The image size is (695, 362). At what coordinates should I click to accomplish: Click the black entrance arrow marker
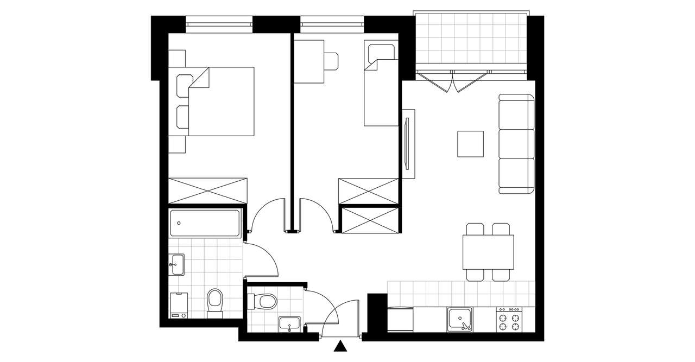click(340, 346)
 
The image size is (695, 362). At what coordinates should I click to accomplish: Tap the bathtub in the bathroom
click(205, 223)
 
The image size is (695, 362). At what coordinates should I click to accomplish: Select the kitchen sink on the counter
click(459, 319)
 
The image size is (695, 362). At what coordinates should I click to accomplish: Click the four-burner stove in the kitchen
click(509, 319)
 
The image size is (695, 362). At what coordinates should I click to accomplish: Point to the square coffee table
click(470, 144)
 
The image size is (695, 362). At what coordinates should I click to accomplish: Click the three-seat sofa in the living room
click(516, 144)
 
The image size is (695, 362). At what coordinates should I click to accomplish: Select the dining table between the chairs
click(488, 252)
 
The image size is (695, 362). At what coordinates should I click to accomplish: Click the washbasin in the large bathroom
click(176, 264)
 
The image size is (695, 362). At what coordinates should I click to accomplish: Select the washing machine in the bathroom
click(179, 305)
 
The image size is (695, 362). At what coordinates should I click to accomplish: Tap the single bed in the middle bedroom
click(380, 87)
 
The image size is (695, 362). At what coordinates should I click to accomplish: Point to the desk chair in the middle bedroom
click(332, 61)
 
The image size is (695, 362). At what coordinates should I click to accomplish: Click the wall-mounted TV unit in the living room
click(408, 144)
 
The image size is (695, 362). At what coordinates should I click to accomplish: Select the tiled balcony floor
click(470, 38)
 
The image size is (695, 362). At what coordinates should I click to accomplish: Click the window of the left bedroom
click(219, 23)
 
